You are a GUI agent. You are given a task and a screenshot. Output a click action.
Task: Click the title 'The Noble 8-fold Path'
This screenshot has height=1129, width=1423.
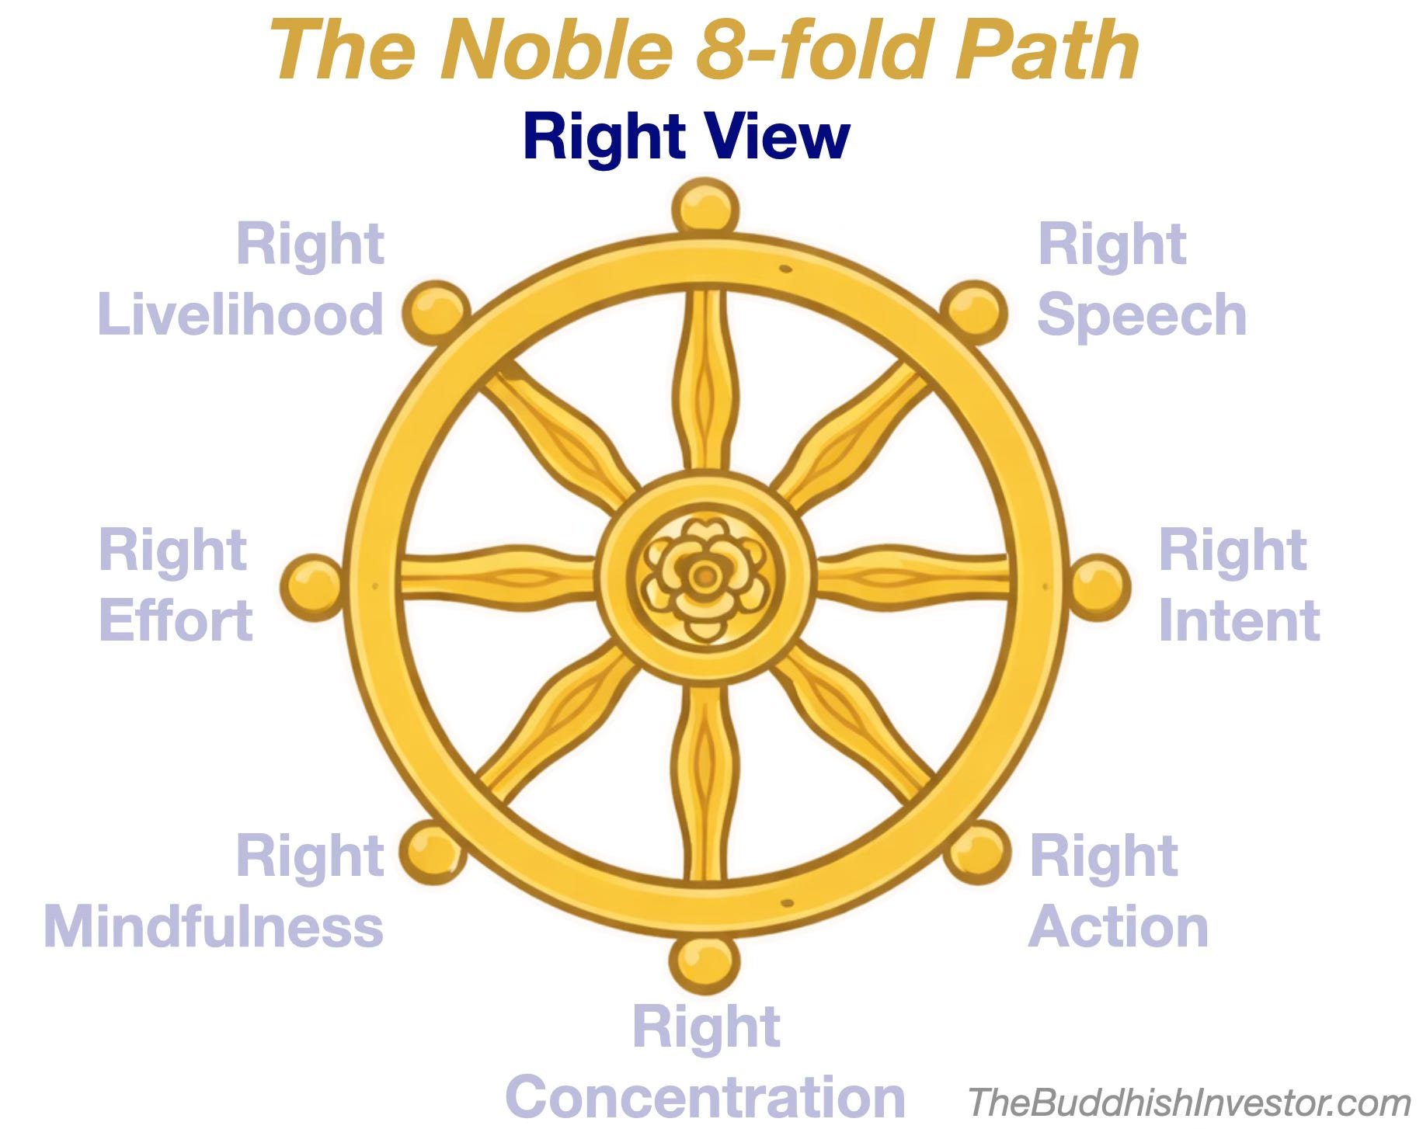[703, 50]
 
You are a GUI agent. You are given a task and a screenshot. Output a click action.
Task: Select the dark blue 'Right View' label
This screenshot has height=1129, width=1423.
[686, 137]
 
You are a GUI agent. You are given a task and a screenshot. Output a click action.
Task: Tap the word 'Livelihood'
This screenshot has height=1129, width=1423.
[240, 314]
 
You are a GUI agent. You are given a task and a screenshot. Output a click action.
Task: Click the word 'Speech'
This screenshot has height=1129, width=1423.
[1142, 314]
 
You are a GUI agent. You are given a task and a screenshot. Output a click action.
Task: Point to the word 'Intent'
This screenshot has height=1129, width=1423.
[1239, 621]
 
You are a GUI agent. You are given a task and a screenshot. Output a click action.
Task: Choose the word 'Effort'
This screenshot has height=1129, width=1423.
[176, 621]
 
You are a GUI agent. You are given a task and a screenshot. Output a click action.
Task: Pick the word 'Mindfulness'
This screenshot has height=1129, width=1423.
[214, 927]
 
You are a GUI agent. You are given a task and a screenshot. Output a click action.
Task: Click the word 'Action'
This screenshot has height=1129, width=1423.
[1118, 927]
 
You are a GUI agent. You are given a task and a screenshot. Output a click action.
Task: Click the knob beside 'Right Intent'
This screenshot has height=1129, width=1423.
[1098, 587]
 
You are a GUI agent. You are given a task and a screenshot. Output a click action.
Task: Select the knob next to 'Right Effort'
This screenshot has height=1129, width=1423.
[311, 587]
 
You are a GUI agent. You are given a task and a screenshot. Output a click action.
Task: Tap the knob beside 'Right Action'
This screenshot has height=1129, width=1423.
[977, 851]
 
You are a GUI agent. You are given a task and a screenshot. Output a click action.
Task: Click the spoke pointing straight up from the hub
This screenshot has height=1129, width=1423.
[705, 380]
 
